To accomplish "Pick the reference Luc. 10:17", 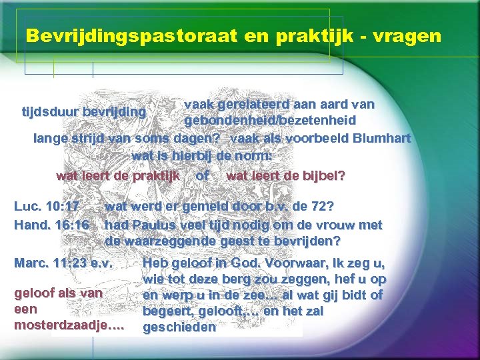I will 47,205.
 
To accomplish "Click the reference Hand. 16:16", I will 51,225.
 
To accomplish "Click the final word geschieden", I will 179,327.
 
